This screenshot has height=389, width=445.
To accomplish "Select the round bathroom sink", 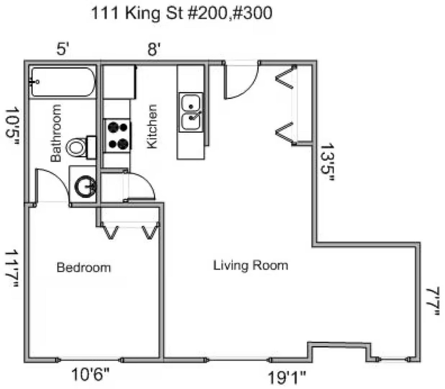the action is pos(85,186).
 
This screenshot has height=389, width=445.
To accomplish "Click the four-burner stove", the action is pos(117,135).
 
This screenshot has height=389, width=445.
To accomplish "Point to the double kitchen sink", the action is pos(191,112).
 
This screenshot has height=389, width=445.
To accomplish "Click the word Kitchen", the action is pos(152,127).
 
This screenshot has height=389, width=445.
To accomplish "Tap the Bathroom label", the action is pos(56,133).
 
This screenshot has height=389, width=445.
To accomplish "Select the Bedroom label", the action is pos(84,268).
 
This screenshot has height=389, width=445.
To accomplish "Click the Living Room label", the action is pos(251,266).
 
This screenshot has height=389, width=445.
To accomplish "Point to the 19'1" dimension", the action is pos(287,378).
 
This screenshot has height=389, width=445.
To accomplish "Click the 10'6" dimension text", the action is pos(90,374).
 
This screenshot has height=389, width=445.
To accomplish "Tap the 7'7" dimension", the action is pos(433,301).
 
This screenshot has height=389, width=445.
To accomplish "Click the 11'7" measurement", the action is pos(12,268).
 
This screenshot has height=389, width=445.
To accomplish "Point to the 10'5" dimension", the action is pos(12,126).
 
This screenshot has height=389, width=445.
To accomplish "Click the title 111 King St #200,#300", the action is pos(182,13).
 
